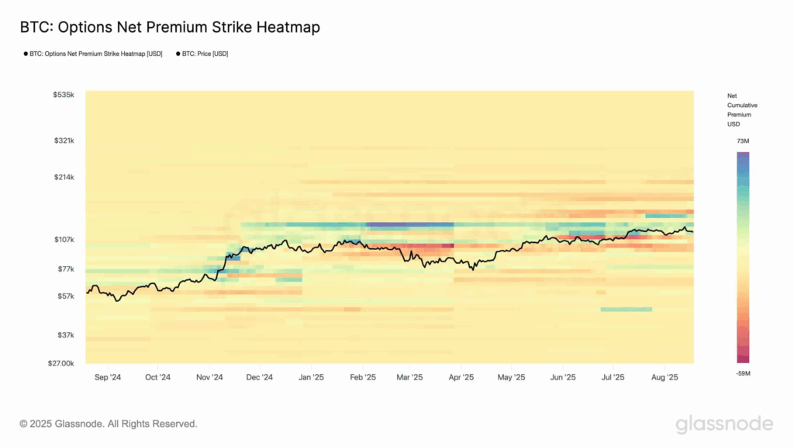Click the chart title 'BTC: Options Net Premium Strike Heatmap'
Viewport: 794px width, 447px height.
click(x=170, y=27)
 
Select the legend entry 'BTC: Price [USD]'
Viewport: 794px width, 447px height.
click(x=203, y=54)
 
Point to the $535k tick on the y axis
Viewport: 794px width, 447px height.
click(x=64, y=95)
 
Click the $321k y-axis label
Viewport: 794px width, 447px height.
click(x=64, y=140)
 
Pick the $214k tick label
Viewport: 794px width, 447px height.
click(x=64, y=177)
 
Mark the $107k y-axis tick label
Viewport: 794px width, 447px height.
click(x=64, y=240)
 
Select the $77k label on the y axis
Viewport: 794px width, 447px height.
click(x=65, y=269)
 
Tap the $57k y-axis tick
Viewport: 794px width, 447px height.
click(x=65, y=296)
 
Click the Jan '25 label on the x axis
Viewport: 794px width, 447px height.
click(x=311, y=378)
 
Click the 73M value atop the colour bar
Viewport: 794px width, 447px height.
click(x=743, y=141)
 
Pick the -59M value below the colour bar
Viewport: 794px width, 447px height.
click(x=743, y=373)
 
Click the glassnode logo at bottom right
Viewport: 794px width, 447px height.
click(x=723, y=424)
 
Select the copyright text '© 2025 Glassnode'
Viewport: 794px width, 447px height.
click(x=109, y=424)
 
